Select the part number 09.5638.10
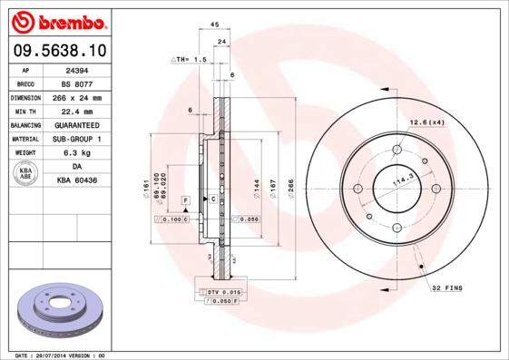click(57, 50)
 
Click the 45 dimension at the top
click(214, 25)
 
